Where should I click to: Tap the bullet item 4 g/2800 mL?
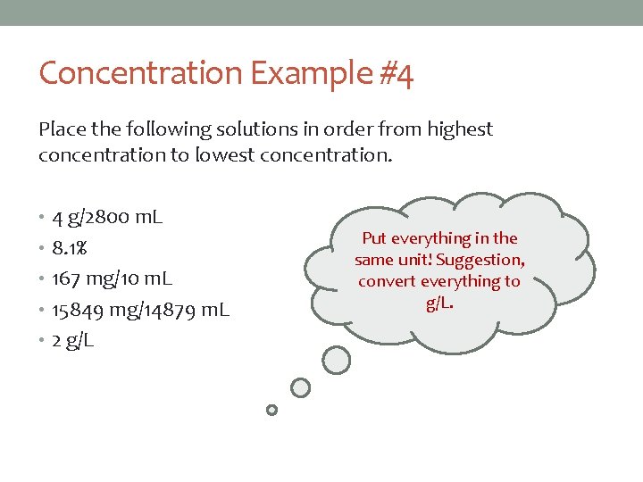(x=107, y=217)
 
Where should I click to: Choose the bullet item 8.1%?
(x=70, y=248)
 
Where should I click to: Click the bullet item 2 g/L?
(x=74, y=341)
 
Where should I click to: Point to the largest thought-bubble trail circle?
(x=336, y=360)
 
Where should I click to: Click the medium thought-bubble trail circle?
(x=301, y=387)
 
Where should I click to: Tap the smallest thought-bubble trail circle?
(x=272, y=411)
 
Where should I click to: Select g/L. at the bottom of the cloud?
(x=439, y=303)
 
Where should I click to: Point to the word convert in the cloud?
(x=387, y=281)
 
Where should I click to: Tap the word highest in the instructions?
(x=459, y=129)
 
